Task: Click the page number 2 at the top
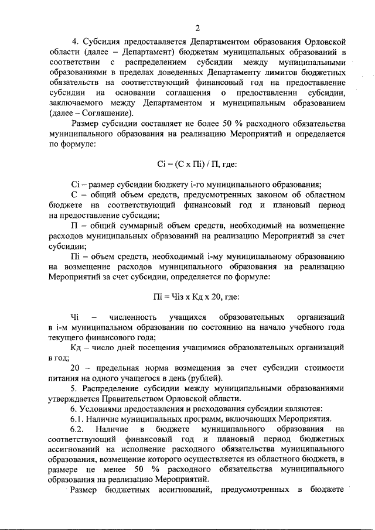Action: (197, 28)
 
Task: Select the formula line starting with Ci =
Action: (197, 165)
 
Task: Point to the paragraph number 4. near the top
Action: (74, 41)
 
